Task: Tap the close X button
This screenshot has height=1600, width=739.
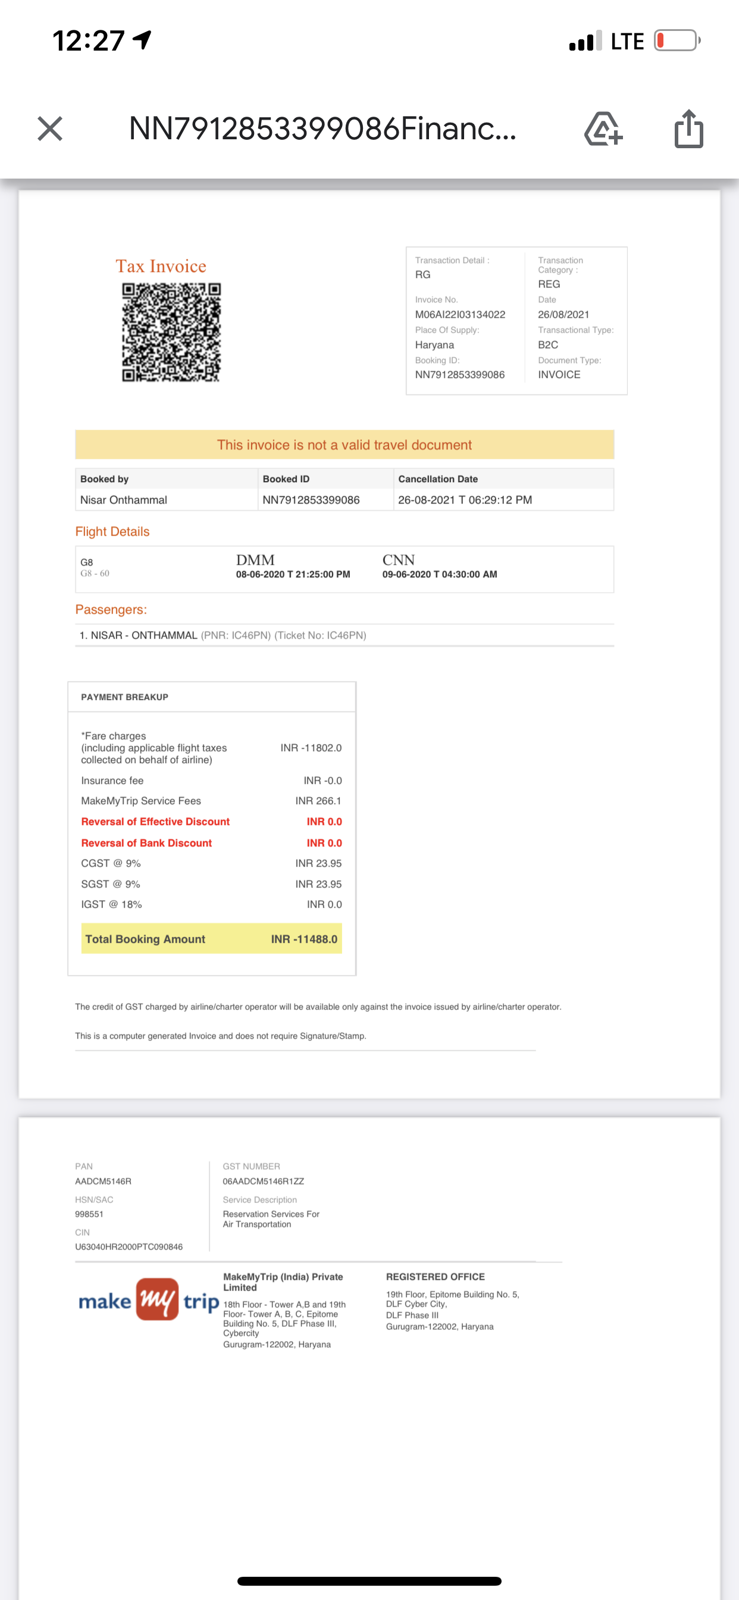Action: (49, 129)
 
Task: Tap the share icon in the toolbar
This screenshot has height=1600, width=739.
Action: (688, 129)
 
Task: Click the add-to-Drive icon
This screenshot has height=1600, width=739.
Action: (603, 129)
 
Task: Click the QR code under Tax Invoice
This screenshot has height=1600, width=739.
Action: (171, 332)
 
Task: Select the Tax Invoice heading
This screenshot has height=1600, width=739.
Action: (161, 267)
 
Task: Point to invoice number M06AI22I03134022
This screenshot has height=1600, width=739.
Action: (460, 314)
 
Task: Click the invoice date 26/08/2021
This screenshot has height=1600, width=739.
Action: (563, 314)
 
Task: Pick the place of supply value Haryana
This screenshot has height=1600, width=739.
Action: (435, 345)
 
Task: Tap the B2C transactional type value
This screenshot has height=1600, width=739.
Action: (548, 345)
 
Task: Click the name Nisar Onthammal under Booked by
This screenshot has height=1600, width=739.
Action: (124, 500)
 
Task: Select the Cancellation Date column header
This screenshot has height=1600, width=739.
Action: (438, 479)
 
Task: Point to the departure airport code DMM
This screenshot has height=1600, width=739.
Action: (255, 560)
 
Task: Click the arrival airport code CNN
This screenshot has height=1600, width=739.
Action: (398, 560)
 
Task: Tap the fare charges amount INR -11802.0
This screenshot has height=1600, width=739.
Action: (311, 748)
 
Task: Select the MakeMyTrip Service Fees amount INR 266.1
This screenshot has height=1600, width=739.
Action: (318, 801)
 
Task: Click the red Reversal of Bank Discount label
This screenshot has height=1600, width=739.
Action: (146, 843)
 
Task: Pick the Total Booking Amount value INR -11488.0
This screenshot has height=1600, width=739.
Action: (303, 939)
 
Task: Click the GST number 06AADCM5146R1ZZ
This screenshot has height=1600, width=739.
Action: (264, 1182)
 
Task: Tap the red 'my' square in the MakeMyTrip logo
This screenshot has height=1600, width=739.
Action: (157, 1299)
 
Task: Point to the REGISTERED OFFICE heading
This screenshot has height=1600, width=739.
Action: (436, 1276)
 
